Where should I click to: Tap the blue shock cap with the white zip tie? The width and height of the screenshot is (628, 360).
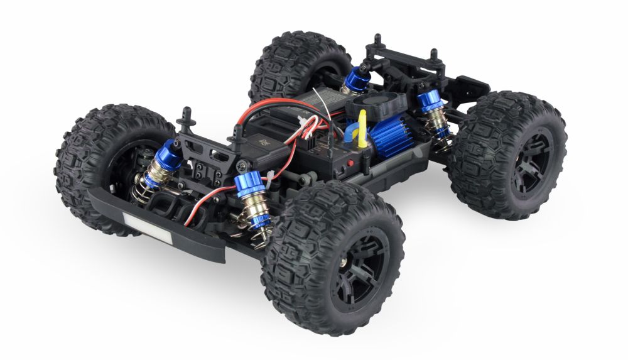point(249,187)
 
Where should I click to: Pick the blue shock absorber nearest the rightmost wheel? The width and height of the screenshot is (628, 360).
point(430,101)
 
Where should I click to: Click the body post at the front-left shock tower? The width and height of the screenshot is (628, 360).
point(185,117)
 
